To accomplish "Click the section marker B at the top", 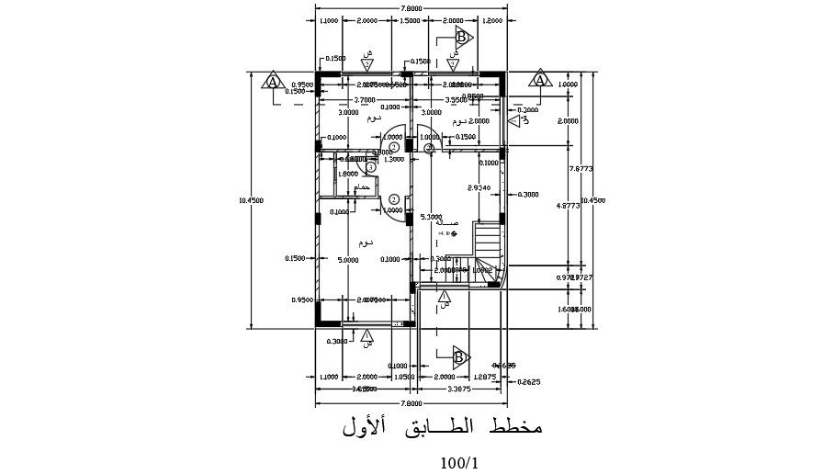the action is tap(463, 38).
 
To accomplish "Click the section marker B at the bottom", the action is tap(461, 356).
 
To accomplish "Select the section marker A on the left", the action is tap(273, 81).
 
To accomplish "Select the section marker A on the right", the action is tap(540, 80).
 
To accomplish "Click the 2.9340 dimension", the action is tap(479, 187).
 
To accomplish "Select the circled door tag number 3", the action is tap(370, 166).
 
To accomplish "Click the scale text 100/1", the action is tap(458, 461).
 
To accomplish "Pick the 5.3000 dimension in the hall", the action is tap(430, 218).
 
